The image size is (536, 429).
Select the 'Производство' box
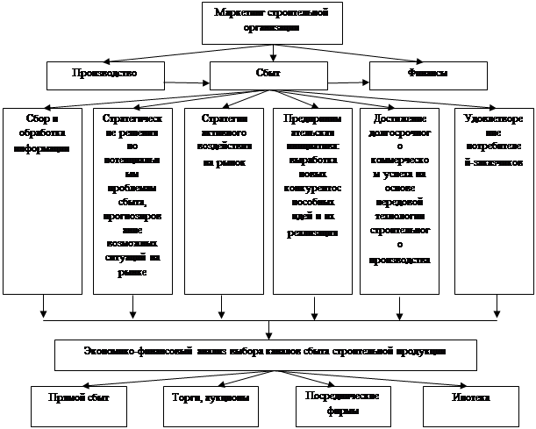coord(105,72)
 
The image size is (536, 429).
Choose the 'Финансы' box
coord(428,73)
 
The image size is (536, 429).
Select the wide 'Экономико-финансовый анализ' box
coord(266,352)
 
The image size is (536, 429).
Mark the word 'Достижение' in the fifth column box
coord(400,118)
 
